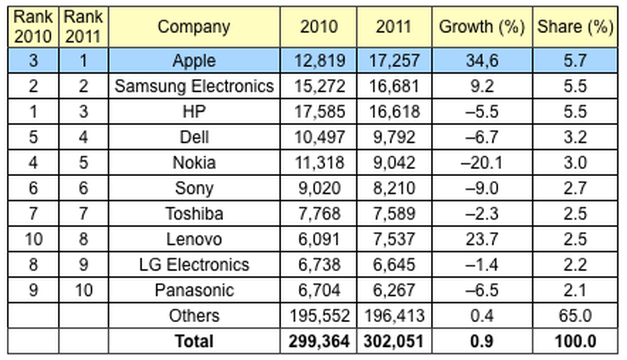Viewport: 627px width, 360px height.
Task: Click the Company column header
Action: [x=194, y=27]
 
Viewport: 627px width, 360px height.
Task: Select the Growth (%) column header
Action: [x=482, y=27]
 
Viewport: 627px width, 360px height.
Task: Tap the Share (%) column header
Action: [x=575, y=27]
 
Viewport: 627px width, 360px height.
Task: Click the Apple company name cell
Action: [x=194, y=61]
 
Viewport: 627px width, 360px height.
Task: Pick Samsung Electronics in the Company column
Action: [x=194, y=86]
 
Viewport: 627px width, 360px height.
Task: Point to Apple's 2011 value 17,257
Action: [x=394, y=61]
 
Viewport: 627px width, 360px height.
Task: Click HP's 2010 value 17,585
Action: [x=319, y=112]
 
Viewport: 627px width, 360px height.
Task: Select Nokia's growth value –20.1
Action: [x=482, y=163]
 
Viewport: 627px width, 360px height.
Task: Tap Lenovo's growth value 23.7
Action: [x=482, y=239]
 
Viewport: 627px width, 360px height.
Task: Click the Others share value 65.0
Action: [x=575, y=316]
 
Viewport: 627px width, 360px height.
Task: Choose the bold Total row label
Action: [x=194, y=341]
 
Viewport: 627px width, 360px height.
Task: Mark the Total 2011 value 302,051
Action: [x=393, y=341]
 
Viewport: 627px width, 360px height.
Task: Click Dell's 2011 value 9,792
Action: [x=394, y=137]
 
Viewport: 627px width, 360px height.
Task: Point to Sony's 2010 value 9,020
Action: [x=319, y=188]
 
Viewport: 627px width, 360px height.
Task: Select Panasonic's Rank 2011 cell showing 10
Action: [x=83, y=290]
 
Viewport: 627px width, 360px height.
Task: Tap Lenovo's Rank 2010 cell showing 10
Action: [x=33, y=239]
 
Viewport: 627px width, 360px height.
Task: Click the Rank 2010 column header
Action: [x=33, y=27]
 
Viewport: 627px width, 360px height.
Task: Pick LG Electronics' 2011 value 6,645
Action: [x=394, y=265]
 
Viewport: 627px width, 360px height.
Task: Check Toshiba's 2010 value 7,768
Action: [x=319, y=213]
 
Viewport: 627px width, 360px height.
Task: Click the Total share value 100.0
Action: [x=575, y=341]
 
